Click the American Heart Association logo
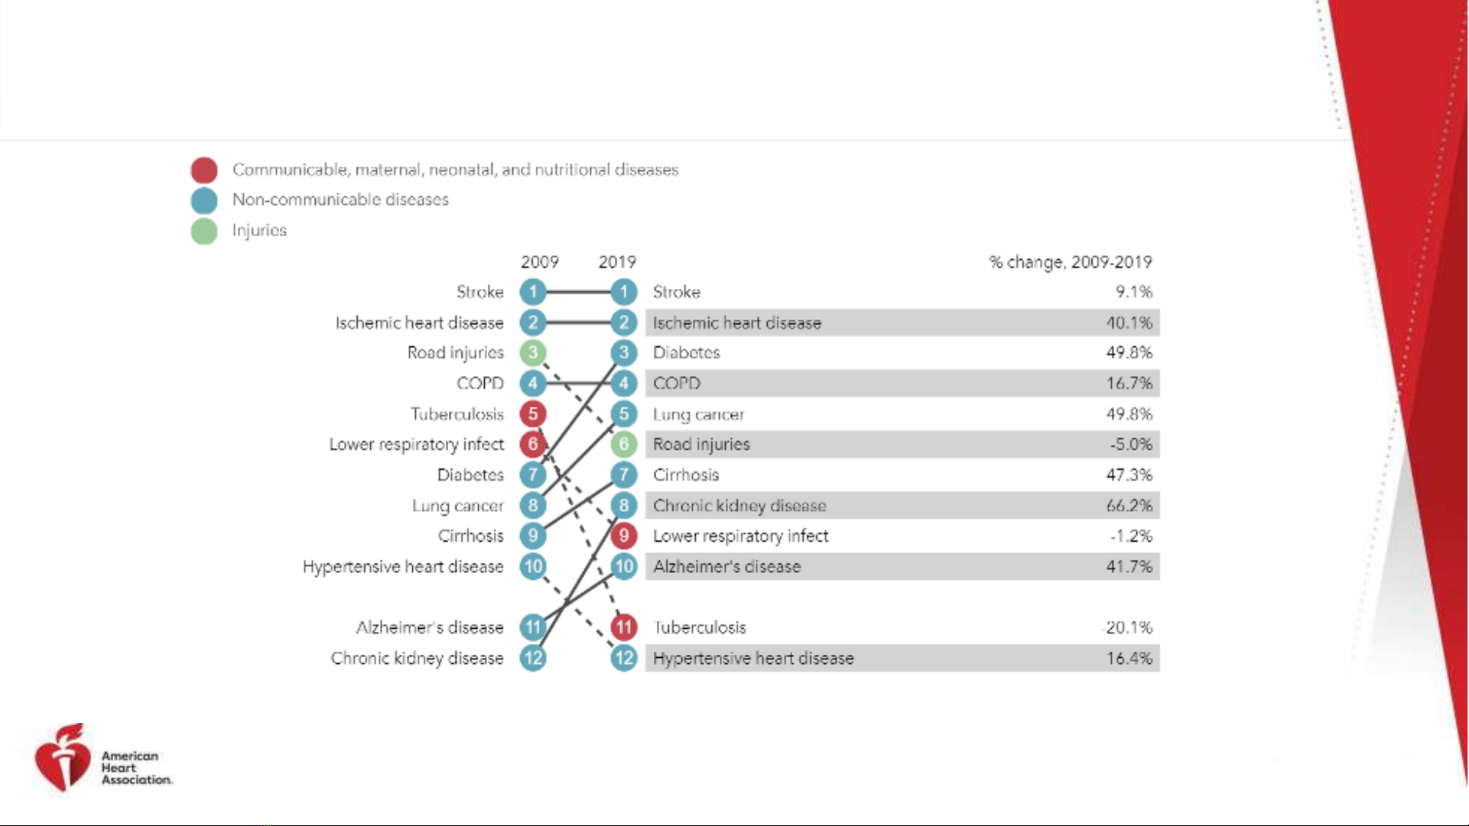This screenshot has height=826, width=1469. click(x=103, y=757)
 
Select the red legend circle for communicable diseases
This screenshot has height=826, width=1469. click(x=204, y=170)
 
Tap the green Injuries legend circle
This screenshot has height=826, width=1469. click(x=204, y=231)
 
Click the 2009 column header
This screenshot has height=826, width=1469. click(x=540, y=262)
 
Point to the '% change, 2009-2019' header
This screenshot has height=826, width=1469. click(x=1071, y=262)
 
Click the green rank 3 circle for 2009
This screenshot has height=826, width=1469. click(x=533, y=352)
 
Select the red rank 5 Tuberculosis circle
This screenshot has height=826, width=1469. click(x=533, y=413)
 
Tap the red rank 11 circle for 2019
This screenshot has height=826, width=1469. click(x=624, y=627)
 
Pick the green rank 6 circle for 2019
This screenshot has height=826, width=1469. click(x=624, y=444)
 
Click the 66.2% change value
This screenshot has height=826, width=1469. click(x=1129, y=505)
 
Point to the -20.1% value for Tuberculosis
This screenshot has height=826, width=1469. click(x=1128, y=627)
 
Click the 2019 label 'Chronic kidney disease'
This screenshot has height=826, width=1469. click(x=739, y=505)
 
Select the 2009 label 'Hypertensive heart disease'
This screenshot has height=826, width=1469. click(x=403, y=566)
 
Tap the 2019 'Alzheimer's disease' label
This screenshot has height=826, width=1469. click(x=726, y=566)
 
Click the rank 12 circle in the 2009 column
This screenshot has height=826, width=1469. click(x=533, y=658)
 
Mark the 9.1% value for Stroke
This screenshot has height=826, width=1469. click(x=1134, y=291)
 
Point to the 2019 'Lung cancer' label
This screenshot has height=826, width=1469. click(x=698, y=414)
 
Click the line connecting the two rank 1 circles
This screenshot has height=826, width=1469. click(x=578, y=291)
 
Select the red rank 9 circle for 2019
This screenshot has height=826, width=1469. click(x=624, y=536)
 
